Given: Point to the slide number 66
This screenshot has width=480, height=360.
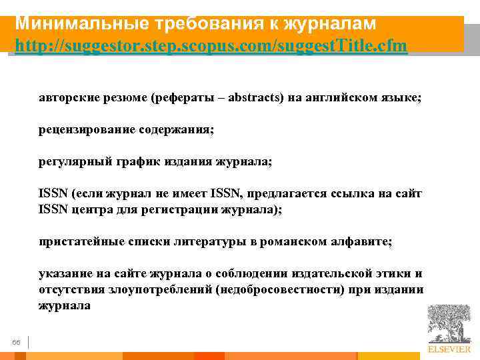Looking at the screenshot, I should (x=17, y=343).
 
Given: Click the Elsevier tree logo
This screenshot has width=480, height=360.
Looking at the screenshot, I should (x=449, y=326).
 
